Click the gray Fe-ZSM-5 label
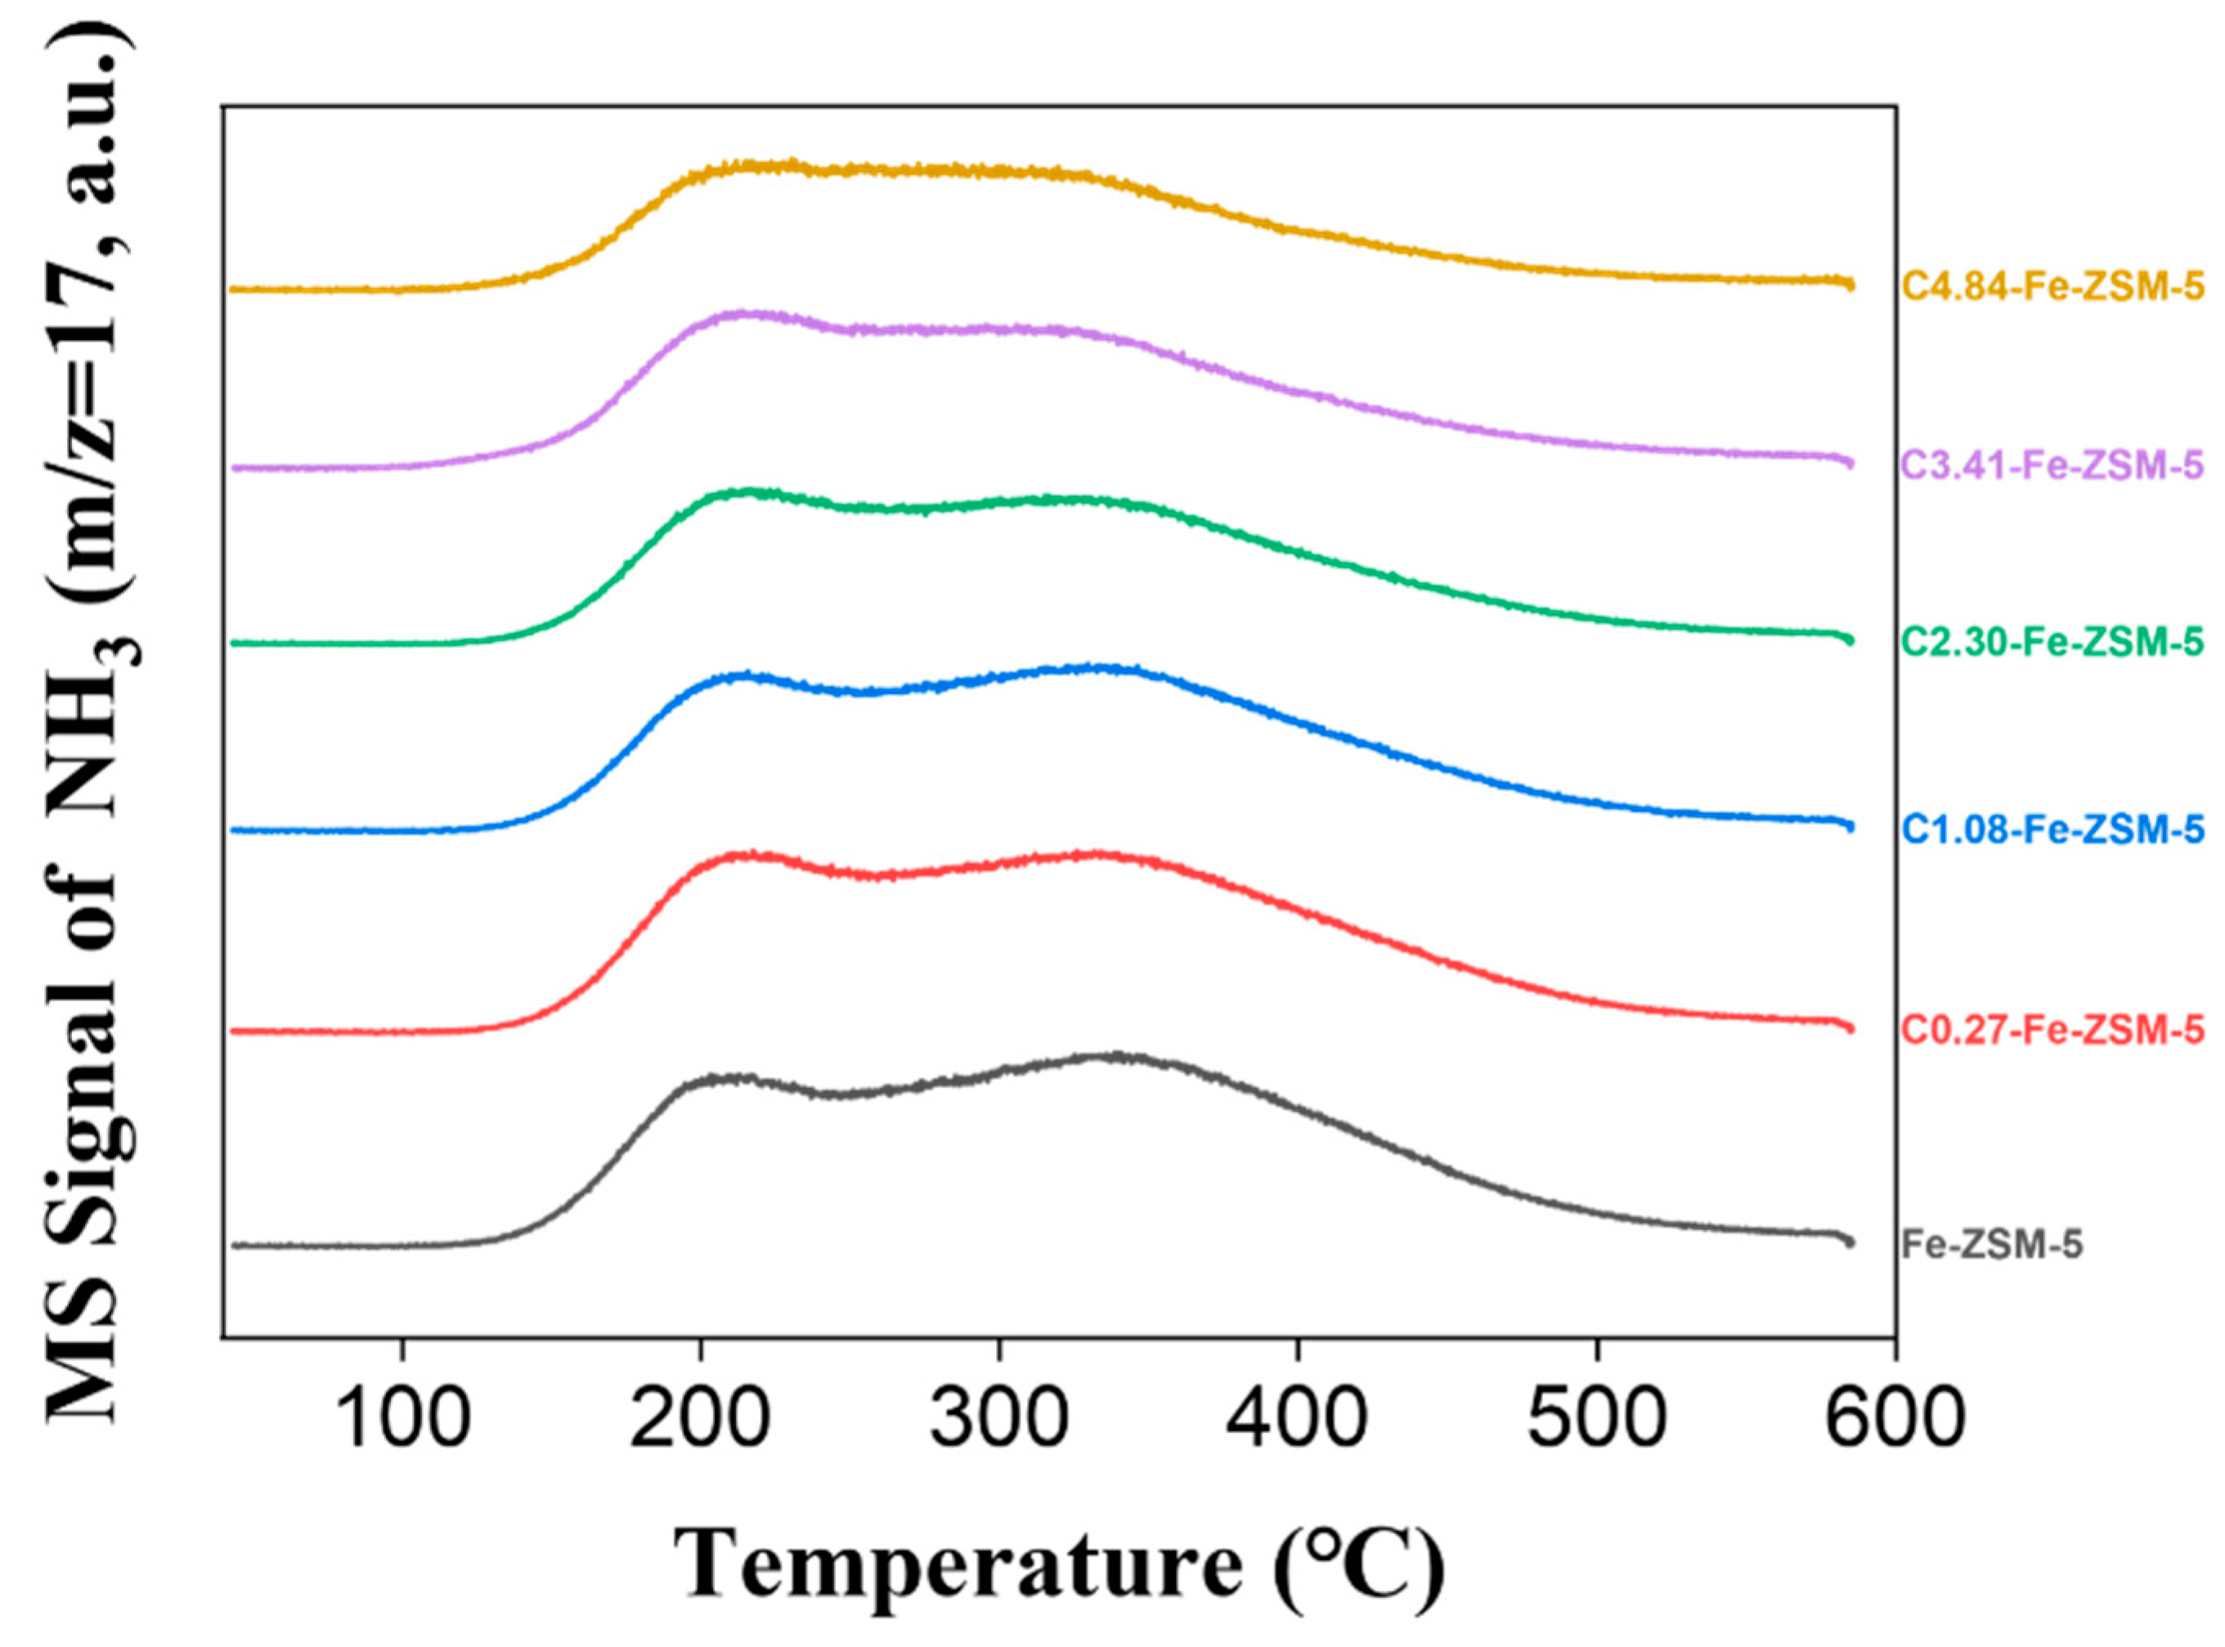(1992, 1245)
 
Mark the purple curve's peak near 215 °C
(743, 314)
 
